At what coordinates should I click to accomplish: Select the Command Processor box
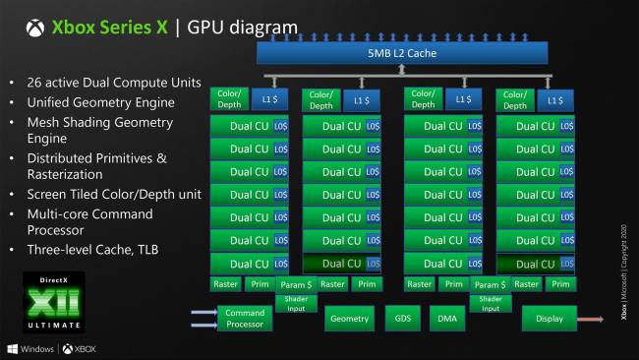pyautogui.click(x=245, y=318)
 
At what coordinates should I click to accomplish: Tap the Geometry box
pyautogui.click(x=349, y=318)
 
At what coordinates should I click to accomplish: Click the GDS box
pyautogui.click(x=403, y=318)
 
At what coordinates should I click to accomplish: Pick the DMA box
pyautogui.click(x=446, y=318)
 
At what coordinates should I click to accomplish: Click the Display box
pyautogui.click(x=549, y=318)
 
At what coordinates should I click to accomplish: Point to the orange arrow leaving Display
pyautogui.click(x=591, y=318)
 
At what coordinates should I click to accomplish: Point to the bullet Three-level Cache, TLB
pyautogui.click(x=93, y=249)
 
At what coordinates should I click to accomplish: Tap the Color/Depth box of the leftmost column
pyautogui.click(x=227, y=99)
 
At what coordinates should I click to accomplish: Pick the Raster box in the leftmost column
pyautogui.click(x=227, y=284)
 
